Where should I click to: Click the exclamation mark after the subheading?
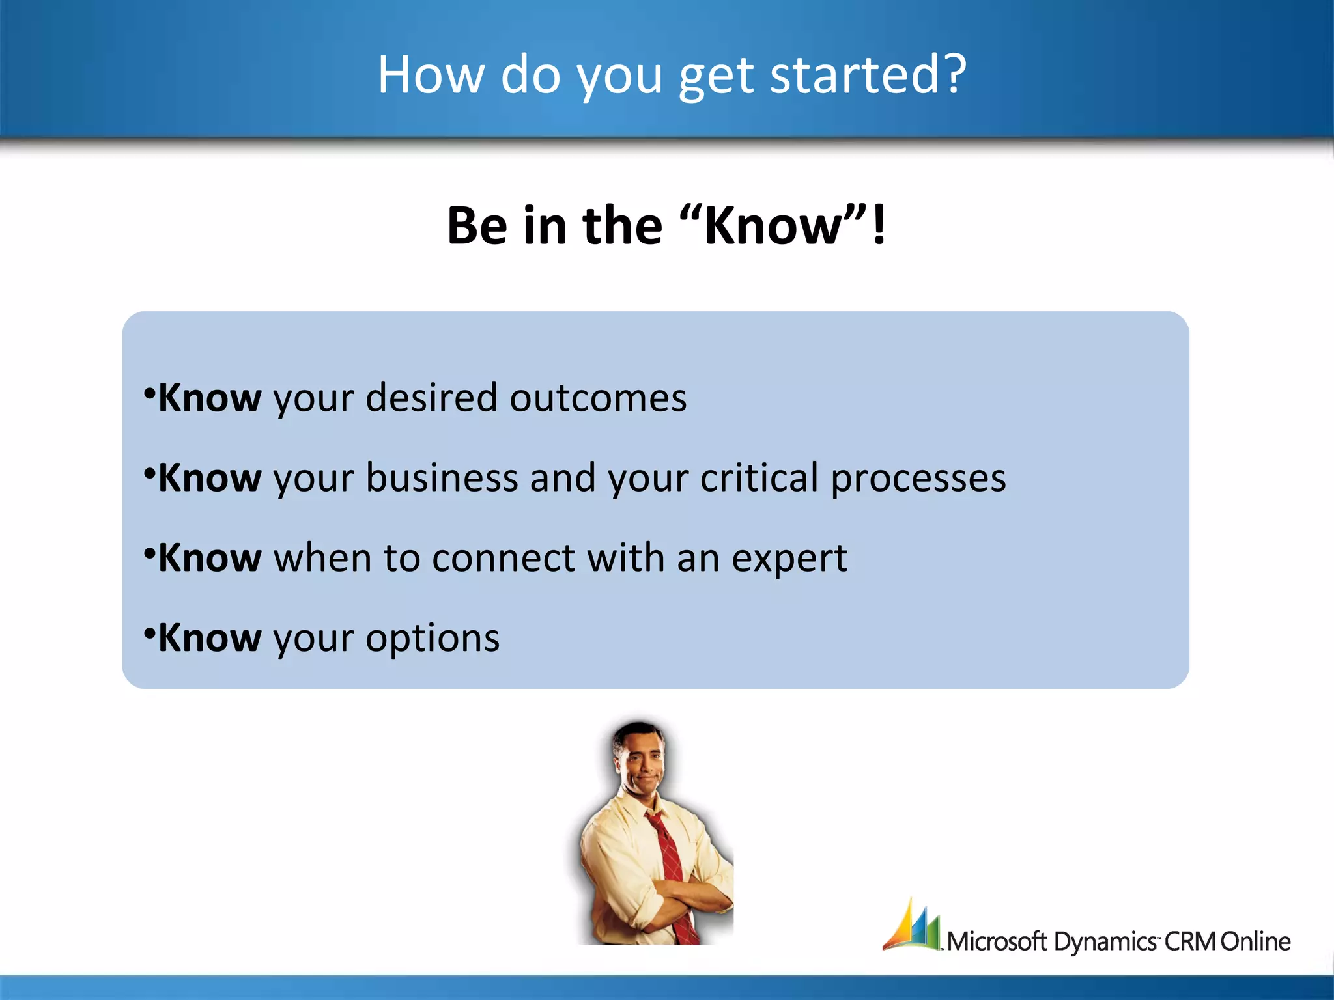tap(879, 225)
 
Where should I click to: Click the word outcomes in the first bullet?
tap(598, 398)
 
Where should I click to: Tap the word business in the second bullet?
tap(442, 478)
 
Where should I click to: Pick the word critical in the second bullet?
tap(759, 478)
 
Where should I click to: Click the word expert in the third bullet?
tap(789, 559)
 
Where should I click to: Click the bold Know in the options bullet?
tap(210, 638)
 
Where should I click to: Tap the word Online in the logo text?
tap(1255, 941)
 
